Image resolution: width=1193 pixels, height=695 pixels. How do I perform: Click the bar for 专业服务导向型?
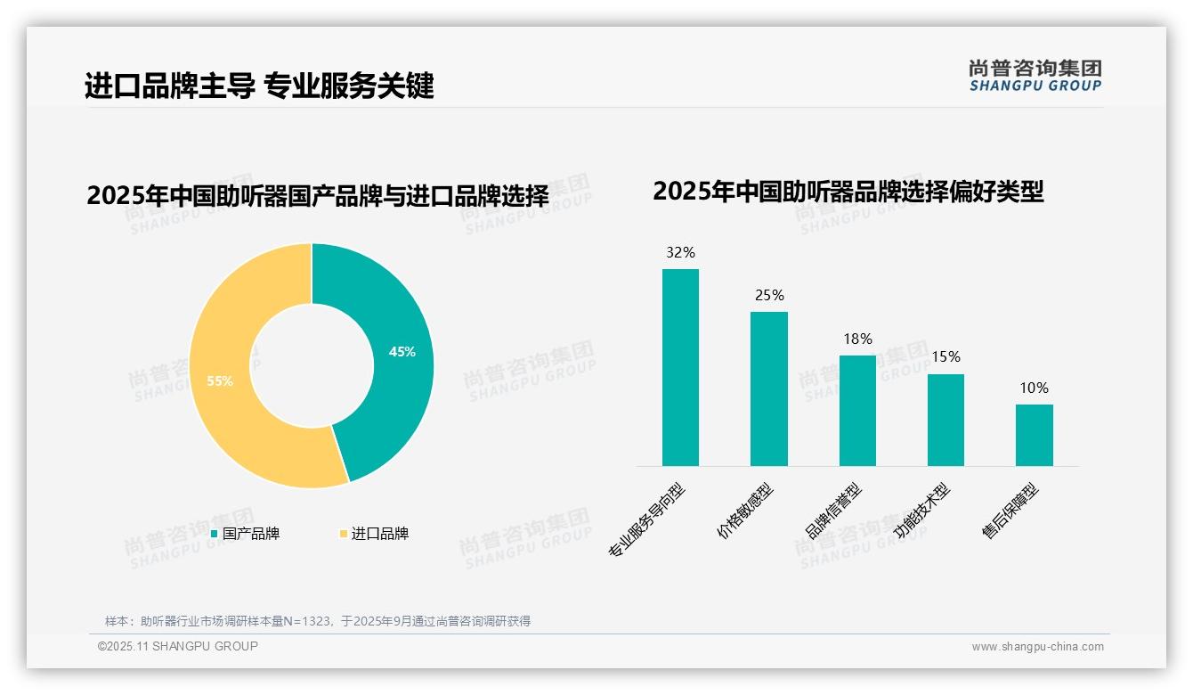pos(680,367)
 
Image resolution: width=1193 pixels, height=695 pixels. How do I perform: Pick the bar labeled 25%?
pos(768,388)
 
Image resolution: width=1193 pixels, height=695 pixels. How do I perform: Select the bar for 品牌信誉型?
pos(857,410)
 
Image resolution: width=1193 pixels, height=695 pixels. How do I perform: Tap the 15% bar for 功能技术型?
pos(945,420)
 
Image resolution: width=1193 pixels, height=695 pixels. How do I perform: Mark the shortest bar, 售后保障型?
pos(1034,435)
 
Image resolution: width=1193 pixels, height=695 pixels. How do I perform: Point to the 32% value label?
pos(680,253)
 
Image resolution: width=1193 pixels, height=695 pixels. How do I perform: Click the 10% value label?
pos(1034,388)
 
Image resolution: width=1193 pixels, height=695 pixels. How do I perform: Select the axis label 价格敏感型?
pos(746,511)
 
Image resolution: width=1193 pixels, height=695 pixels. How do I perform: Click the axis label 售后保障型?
pos(1010,511)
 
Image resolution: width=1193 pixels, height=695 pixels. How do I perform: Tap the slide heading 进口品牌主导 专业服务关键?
pos(259,86)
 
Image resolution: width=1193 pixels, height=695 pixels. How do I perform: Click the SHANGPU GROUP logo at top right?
pos(1035,76)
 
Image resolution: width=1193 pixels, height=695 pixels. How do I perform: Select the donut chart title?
pos(317,195)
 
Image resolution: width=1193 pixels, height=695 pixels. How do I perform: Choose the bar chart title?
pos(848,191)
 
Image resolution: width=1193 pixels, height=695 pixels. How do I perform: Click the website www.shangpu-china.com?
pos(1037,647)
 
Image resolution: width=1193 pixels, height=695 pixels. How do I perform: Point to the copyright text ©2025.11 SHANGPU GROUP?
pos(178,646)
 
